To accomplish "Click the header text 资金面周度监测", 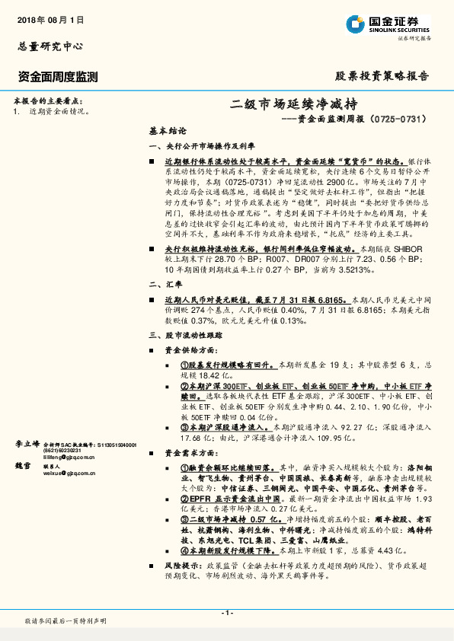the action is (x=56, y=76).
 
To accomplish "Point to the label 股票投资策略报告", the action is (x=382, y=76).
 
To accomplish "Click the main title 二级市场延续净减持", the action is (x=293, y=104).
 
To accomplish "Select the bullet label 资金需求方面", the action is (x=194, y=452).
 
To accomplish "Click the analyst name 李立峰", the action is (x=28, y=442).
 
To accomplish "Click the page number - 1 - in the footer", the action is (x=226, y=613).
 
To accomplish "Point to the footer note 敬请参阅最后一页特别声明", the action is (x=66, y=620).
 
